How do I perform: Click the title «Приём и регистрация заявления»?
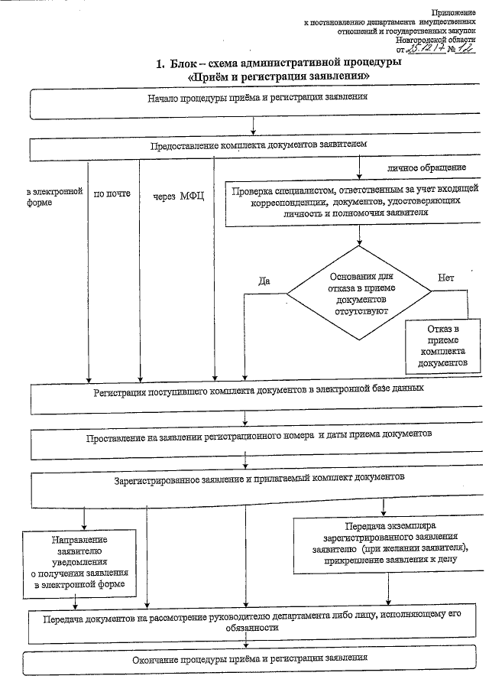pyautogui.click(x=280, y=76)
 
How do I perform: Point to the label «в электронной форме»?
pyautogui.click(x=53, y=197)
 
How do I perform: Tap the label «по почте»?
pyautogui.click(x=112, y=193)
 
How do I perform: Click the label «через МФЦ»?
pyautogui.click(x=178, y=196)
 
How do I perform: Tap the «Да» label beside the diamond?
pyautogui.click(x=264, y=280)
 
